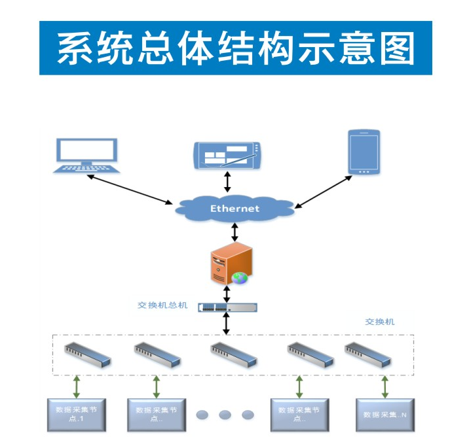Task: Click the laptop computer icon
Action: (88, 156)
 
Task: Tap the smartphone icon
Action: (364, 152)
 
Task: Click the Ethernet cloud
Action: (234, 208)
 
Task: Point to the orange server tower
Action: (231, 262)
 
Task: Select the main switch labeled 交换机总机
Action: (227, 307)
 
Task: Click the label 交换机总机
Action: (162, 305)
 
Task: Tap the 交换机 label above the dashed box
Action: (380, 322)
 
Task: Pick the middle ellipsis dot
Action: (225, 415)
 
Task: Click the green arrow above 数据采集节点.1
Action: (77, 386)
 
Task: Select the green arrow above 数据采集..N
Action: (385, 386)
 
